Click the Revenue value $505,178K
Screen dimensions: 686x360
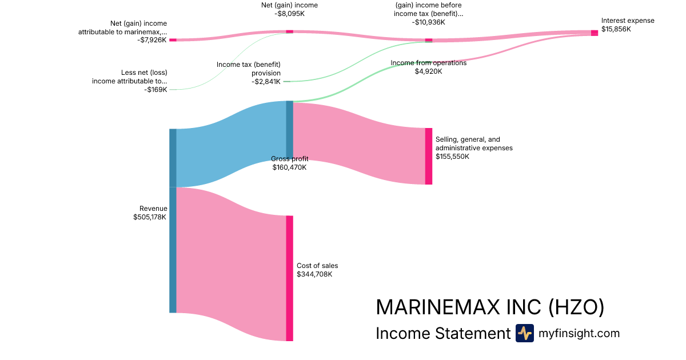tap(150, 217)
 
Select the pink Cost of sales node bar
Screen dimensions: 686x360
tap(289, 278)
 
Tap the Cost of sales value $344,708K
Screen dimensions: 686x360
tap(314, 274)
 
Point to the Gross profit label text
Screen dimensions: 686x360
tap(289, 158)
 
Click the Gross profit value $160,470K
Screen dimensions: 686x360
tap(289, 167)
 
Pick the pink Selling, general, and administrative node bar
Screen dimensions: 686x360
tap(429, 156)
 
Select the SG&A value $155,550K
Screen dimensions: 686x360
tap(452, 157)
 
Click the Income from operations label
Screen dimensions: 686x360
tap(428, 63)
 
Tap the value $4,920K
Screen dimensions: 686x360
tap(428, 71)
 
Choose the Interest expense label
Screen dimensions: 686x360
tap(628, 21)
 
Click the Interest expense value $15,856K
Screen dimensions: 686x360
tap(616, 29)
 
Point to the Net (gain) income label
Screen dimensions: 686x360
tap(289, 5)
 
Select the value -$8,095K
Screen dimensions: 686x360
tap(289, 14)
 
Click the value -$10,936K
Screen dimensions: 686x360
tap(428, 22)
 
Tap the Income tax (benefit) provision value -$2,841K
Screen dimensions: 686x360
tap(266, 82)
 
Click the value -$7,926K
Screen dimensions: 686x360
tap(152, 40)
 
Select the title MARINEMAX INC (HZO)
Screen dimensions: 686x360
tap(490, 307)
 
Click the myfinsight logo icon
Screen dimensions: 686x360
tap(524, 333)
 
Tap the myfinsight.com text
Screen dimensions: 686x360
tap(579, 333)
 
